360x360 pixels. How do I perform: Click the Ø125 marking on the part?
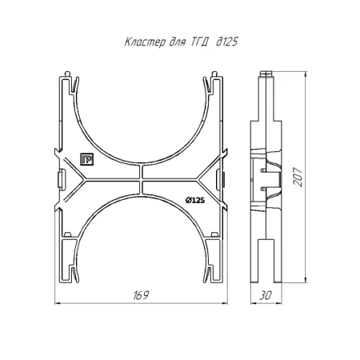195,201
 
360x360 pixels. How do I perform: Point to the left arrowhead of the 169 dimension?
58,303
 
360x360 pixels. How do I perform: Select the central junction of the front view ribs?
141,179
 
